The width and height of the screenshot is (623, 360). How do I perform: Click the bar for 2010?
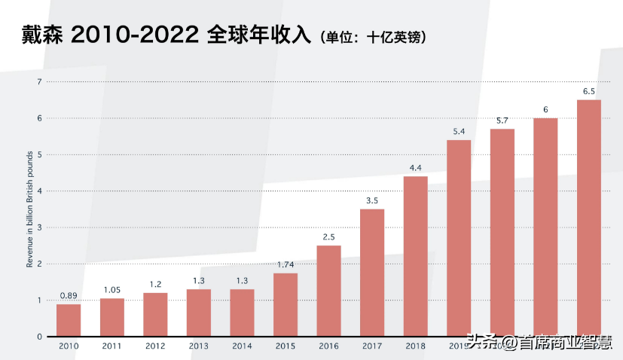coord(69,320)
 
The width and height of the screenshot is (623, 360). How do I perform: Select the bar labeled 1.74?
coord(286,304)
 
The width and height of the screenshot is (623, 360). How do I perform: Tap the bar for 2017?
coord(372,273)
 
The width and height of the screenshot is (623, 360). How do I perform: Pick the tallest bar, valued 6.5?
coord(589,218)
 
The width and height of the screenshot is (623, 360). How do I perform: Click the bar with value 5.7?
coord(502,233)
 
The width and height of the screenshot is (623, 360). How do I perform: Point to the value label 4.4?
coord(416,167)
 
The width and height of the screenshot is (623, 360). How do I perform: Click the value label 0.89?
coord(69,294)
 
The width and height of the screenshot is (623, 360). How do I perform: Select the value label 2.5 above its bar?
coord(329,236)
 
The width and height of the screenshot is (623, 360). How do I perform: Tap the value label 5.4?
coord(459,131)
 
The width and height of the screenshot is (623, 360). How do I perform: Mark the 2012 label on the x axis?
coord(155,346)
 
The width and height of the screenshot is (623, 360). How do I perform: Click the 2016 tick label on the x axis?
coord(328,346)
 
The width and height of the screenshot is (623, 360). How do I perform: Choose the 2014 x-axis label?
coord(242,346)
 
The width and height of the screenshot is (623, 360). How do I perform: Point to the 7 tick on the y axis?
coord(40,81)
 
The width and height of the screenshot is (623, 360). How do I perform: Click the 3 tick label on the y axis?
coord(40,227)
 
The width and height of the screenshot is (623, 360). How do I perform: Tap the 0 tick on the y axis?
coord(40,337)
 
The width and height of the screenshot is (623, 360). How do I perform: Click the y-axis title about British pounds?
coord(30,209)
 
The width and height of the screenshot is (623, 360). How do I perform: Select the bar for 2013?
coord(199,313)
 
